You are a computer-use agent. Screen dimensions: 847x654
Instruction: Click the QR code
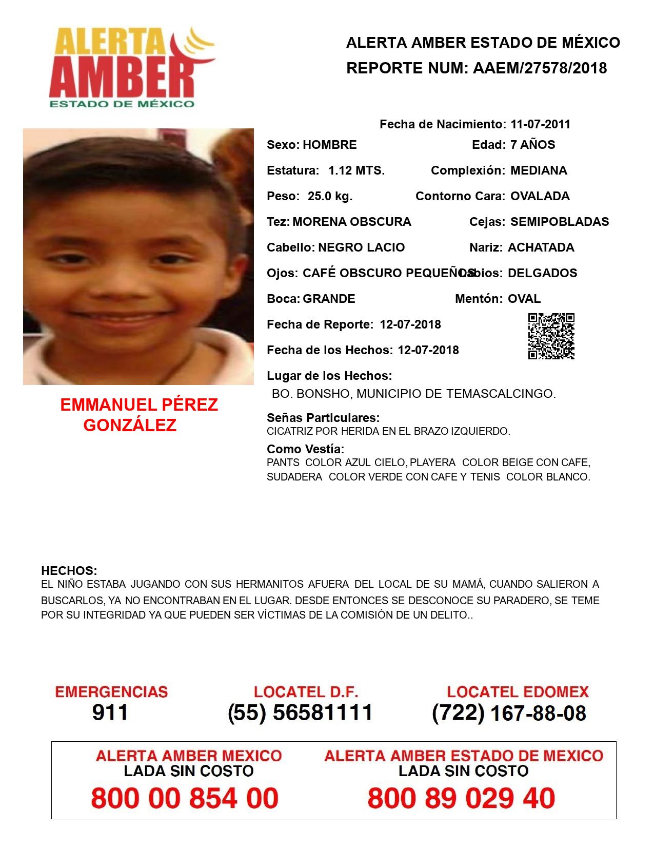point(551,336)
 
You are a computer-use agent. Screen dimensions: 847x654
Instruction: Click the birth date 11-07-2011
point(540,124)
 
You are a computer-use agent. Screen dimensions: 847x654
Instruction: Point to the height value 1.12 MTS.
point(356,170)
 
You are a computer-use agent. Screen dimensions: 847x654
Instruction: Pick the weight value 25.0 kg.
point(330,196)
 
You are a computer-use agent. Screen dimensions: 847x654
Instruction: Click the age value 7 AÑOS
point(532,145)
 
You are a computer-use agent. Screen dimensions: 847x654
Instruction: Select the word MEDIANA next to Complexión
point(539,170)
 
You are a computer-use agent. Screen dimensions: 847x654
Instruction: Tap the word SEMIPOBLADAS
point(560,222)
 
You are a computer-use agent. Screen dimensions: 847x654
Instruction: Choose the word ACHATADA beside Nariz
point(541,247)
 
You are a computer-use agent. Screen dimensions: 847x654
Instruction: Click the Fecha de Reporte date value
point(410,324)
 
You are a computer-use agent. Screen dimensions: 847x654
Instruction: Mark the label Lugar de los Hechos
point(329,376)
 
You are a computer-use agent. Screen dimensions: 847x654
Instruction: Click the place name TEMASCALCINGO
point(501,394)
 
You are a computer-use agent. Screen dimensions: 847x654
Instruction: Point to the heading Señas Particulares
point(323,418)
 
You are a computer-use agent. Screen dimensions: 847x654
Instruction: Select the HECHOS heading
point(69,571)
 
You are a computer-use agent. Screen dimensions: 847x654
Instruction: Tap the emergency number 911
point(110,713)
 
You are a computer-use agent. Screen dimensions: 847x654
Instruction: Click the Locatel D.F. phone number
point(300,713)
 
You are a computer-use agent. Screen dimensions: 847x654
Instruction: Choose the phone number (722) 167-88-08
point(509,713)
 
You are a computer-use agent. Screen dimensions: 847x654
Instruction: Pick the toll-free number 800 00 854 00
point(185,798)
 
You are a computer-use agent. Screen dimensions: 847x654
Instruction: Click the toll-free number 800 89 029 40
point(461,798)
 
